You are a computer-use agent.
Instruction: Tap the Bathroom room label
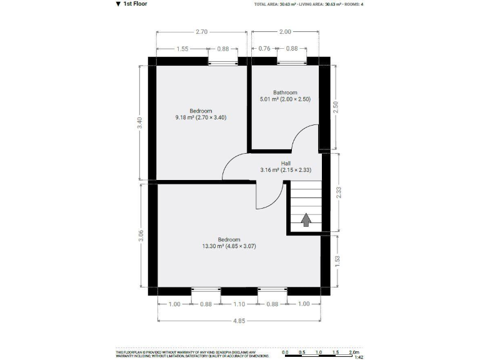point(285,92)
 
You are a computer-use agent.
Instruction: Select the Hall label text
point(286,163)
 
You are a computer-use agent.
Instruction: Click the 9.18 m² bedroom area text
point(201,117)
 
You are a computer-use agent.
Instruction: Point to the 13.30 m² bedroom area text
point(229,246)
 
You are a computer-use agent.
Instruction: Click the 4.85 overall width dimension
point(239,321)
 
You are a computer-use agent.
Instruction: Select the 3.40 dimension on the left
point(141,123)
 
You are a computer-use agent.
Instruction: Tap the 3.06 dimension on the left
point(141,236)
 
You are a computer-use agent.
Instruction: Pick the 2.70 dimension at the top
point(201,31)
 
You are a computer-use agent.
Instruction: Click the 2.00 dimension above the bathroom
point(285,31)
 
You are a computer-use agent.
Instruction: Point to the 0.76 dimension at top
point(264,49)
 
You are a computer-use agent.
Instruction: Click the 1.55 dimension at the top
point(182,49)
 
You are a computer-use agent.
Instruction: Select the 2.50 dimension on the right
point(336,107)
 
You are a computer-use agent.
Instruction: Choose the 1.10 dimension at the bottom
point(239,304)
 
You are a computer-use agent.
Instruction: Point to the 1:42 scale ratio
point(359,357)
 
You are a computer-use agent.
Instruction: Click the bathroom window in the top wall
point(292,61)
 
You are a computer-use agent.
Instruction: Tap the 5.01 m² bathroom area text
point(285,99)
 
